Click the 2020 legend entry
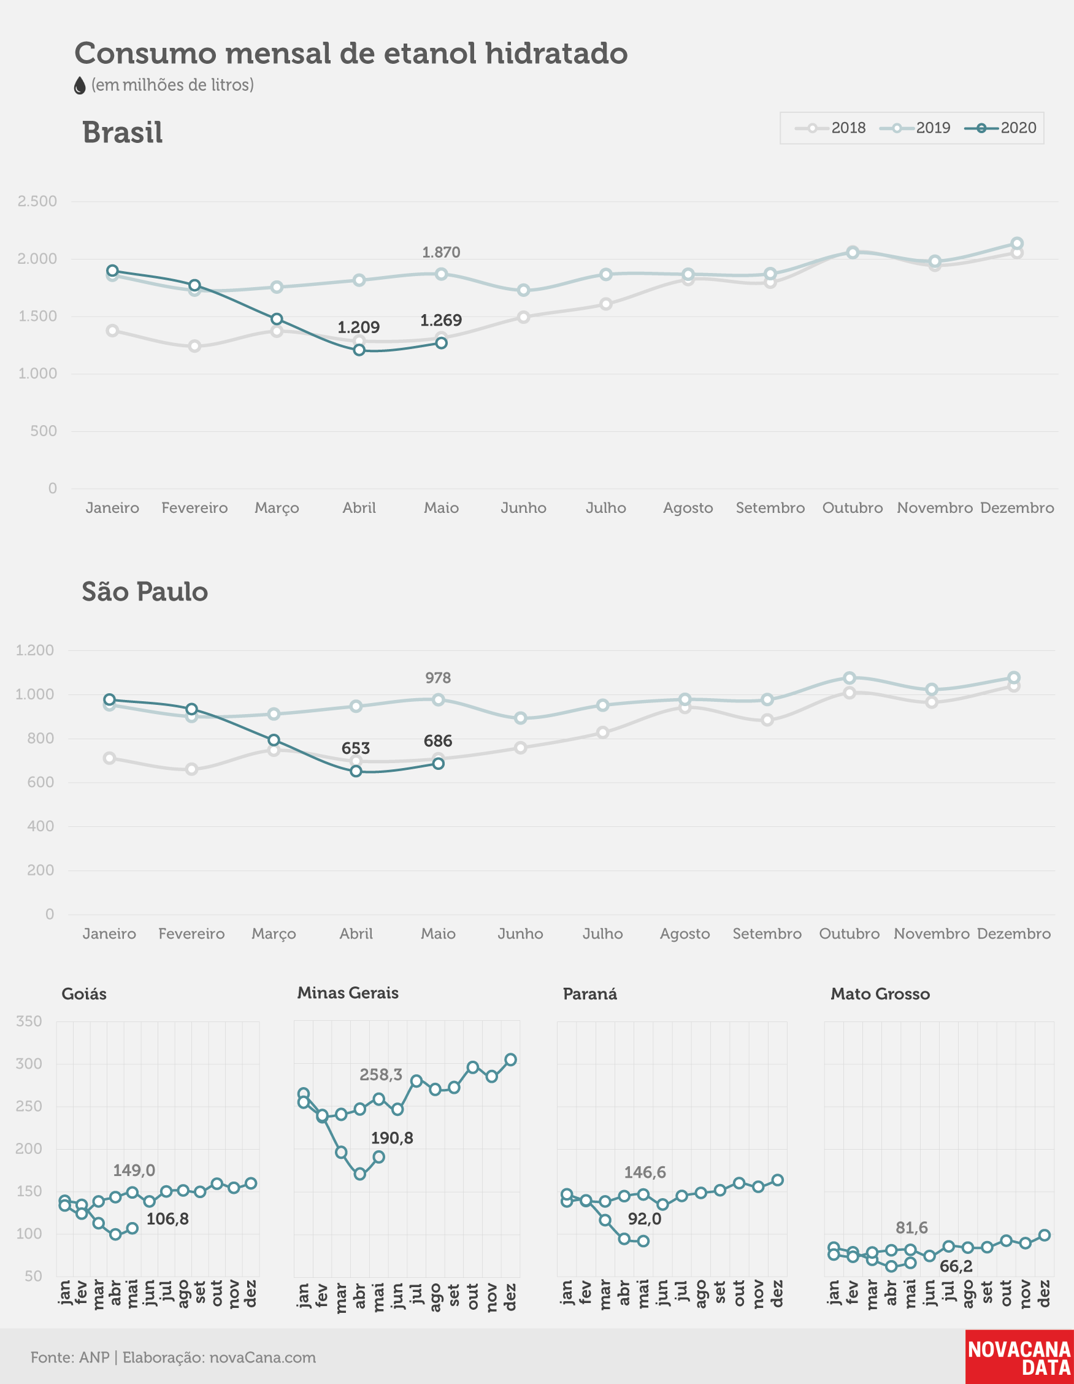point(1000,128)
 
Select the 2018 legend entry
point(830,128)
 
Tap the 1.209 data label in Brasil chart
point(359,328)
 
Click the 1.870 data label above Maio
point(441,252)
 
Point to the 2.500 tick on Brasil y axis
point(37,201)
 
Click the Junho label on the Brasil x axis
point(523,507)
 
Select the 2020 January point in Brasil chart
point(112,271)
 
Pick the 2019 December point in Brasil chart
point(1017,244)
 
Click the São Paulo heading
point(145,591)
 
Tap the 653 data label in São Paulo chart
point(356,748)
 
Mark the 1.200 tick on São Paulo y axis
point(35,650)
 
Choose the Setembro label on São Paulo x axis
point(767,934)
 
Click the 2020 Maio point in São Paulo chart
point(438,764)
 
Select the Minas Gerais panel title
point(348,993)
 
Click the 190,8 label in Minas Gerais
point(391,1138)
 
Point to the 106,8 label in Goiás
point(167,1219)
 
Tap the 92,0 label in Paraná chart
point(645,1219)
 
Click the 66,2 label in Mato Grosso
point(956,1267)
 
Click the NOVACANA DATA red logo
point(1019,1357)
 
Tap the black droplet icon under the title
point(79,85)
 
